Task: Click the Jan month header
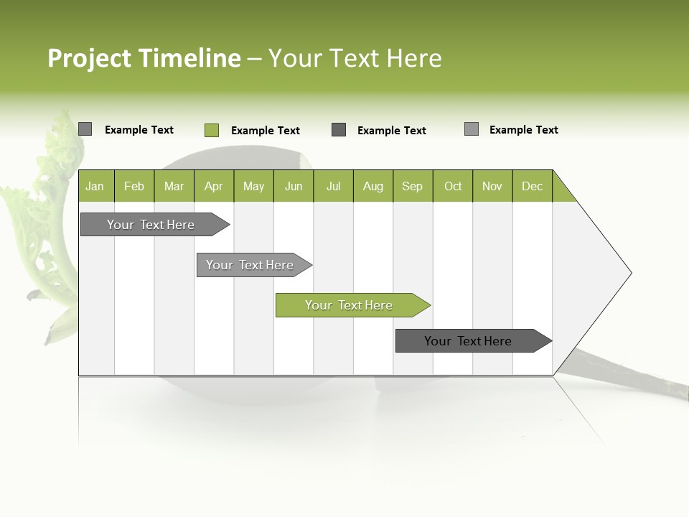(x=95, y=186)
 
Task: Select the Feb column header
(x=134, y=186)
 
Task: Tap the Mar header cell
(x=174, y=186)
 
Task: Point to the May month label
(x=253, y=186)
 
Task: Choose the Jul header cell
(x=333, y=186)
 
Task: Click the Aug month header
(x=373, y=186)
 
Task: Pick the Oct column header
(x=453, y=186)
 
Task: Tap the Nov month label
(x=492, y=186)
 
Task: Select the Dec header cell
(x=532, y=186)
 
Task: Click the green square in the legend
(x=212, y=130)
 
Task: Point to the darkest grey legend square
(x=339, y=130)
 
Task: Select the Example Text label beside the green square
(x=265, y=131)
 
